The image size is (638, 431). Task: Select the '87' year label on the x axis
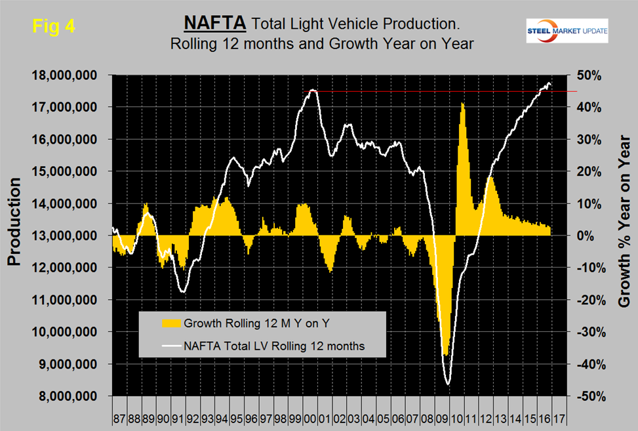tap(119, 417)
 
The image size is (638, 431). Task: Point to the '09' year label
tap(445, 417)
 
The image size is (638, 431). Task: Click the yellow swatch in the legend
tap(170, 323)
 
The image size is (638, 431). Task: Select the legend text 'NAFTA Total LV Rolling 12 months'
tap(274, 344)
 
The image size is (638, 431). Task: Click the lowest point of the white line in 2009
tap(449, 384)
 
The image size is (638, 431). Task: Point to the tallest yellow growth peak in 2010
tap(462, 103)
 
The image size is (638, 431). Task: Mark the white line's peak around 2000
tap(313, 90)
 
